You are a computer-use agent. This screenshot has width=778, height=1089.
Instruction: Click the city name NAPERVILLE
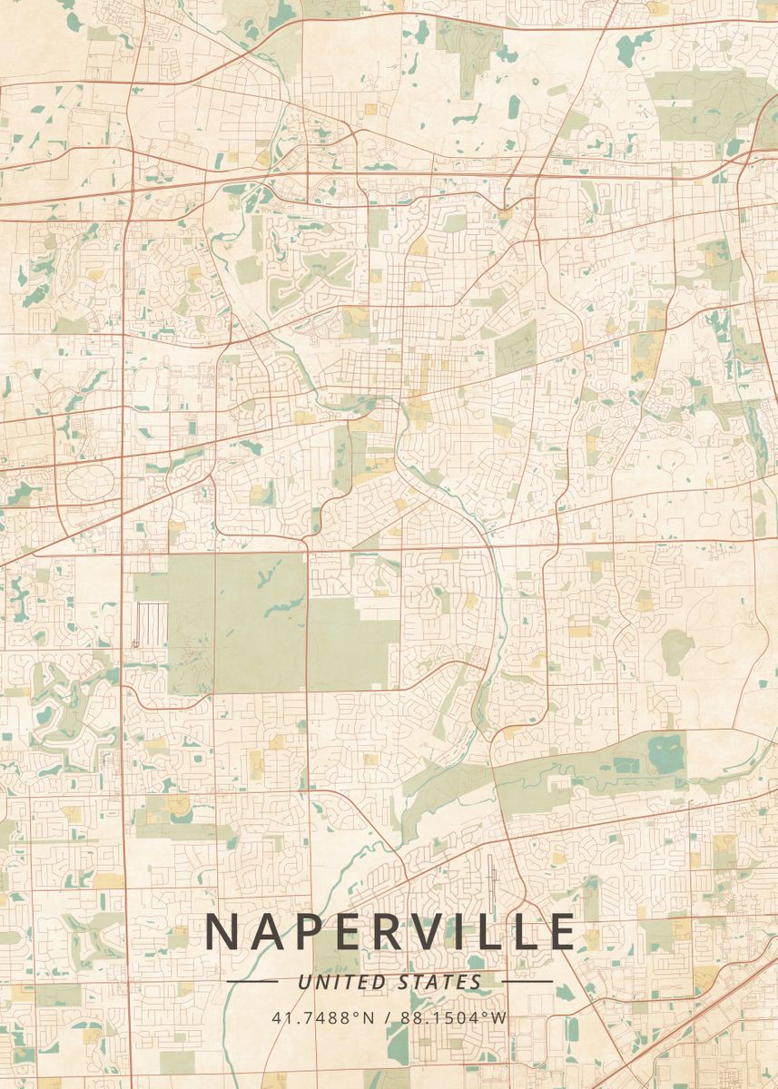click(389, 931)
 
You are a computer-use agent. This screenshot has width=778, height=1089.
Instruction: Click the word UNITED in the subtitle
click(344, 981)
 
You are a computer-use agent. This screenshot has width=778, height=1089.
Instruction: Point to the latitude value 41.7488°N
click(322, 1017)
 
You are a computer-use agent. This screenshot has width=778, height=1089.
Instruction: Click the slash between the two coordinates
click(388, 1017)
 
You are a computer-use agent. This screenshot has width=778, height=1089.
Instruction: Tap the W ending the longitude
click(499, 1017)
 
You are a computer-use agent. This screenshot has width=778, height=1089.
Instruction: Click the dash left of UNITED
click(251, 981)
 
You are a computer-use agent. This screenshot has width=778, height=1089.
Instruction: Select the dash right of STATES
click(527, 981)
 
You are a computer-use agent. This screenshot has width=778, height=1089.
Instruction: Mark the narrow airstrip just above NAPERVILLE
click(491, 879)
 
